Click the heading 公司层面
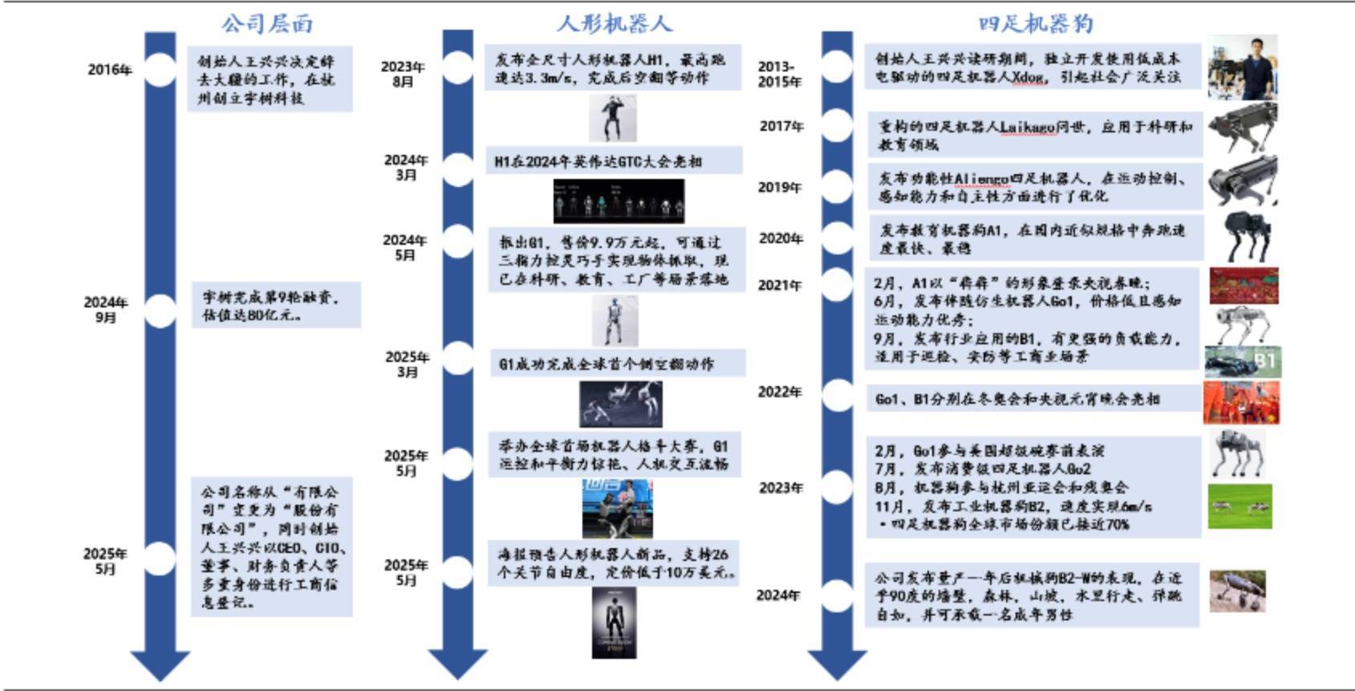(x=267, y=23)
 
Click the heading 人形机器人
(x=614, y=23)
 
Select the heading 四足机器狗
(x=1035, y=23)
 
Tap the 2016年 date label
(x=110, y=70)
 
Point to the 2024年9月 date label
(x=106, y=310)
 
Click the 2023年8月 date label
(x=403, y=74)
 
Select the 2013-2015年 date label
(x=778, y=74)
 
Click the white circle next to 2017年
(x=838, y=124)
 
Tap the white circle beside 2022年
(x=838, y=395)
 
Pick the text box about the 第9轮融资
(x=276, y=305)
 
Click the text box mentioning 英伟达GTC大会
(x=613, y=161)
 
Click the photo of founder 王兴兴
(x=1243, y=67)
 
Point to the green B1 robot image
(x=1243, y=362)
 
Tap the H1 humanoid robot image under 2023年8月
(x=613, y=118)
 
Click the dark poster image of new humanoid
(x=614, y=623)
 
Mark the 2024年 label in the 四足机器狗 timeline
(x=778, y=595)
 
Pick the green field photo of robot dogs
(x=1239, y=506)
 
